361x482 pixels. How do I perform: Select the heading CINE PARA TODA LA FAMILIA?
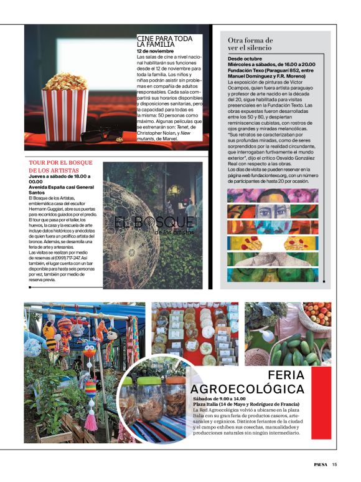click(x=164, y=41)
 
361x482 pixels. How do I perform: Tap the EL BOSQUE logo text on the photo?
click(x=154, y=223)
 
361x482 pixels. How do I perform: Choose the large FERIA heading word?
click(x=286, y=375)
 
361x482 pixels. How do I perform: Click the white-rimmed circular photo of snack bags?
click(x=152, y=399)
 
